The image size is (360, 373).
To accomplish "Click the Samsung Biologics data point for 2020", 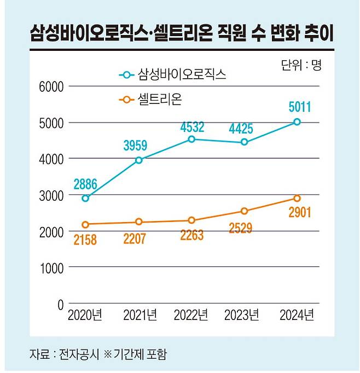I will click(85, 198).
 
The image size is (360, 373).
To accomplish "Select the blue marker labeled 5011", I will click(297, 121).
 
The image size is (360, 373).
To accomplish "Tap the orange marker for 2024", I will click(297, 198).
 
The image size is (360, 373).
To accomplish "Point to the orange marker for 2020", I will click(85, 224).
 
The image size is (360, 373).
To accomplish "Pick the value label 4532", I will click(191, 127).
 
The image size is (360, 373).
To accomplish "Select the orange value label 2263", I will click(191, 235).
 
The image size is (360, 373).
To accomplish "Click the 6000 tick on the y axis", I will click(51, 86).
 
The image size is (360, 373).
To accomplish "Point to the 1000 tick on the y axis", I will click(51, 268).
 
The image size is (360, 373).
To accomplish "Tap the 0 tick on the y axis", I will click(60, 304).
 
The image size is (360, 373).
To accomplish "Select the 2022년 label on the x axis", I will click(191, 316).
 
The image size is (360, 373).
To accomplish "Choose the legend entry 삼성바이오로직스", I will click(182, 74).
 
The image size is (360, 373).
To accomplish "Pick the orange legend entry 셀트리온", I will click(160, 100).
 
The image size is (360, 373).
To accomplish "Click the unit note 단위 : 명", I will click(301, 66).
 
